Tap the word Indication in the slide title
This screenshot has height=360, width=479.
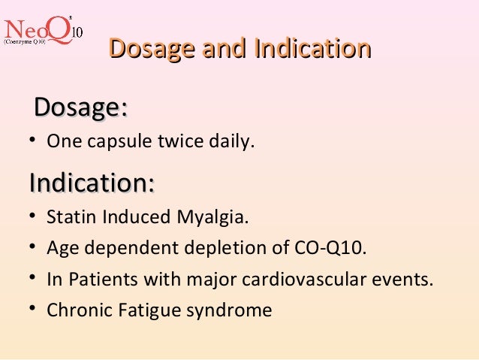312,49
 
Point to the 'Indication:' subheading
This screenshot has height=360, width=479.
92,183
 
